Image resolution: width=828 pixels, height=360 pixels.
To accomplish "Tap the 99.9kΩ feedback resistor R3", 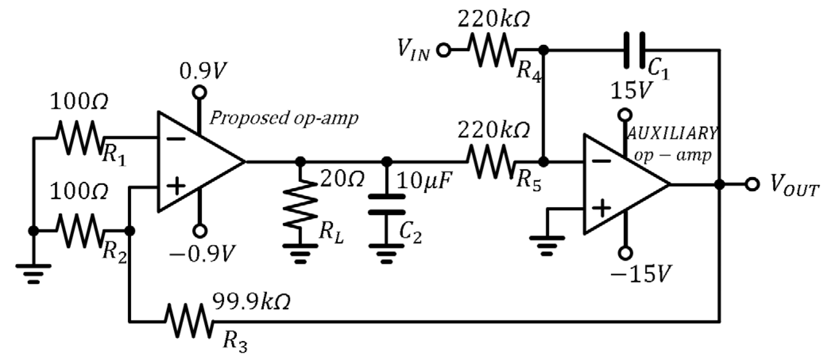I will pyautogui.click(x=189, y=321).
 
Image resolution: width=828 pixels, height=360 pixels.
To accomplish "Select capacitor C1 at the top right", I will pyautogui.click(x=635, y=50).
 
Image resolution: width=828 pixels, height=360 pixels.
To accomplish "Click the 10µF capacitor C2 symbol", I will pyautogui.click(x=387, y=204).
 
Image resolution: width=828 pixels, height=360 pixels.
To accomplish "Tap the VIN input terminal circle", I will pyautogui.click(x=444, y=50).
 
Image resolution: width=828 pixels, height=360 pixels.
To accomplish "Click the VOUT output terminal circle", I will pyautogui.click(x=752, y=185).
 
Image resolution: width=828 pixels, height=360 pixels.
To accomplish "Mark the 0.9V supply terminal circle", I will pyautogui.click(x=199, y=92).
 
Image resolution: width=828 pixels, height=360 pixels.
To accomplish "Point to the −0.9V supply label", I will pyautogui.click(x=203, y=254).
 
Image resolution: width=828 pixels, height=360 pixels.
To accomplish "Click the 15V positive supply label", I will pyautogui.click(x=631, y=90).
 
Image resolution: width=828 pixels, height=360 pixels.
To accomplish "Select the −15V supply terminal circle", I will pyautogui.click(x=625, y=253).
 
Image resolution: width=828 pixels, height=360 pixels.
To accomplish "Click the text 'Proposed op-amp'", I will pyautogui.click(x=284, y=118).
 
